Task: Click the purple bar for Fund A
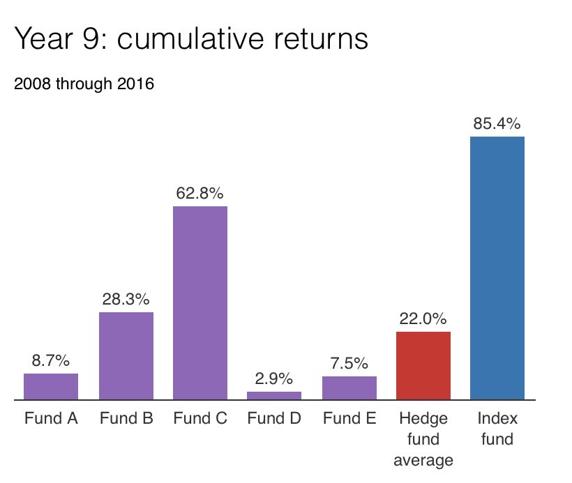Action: pyautogui.click(x=51, y=387)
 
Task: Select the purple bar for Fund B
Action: pyautogui.click(x=126, y=356)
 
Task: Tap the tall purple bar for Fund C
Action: pyautogui.click(x=200, y=303)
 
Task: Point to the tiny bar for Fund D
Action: pyautogui.click(x=274, y=396)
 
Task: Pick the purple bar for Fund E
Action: pyautogui.click(x=349, y=388)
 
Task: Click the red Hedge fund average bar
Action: pyautogui.click(x=423, y=366)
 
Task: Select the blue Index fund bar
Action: pyautogui.click(x=497, y=268)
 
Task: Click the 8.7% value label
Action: pyautogui.click(x=51, y=361)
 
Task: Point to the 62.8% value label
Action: pyautogui.click(x=200, y=193)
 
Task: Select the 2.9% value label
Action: pyautogui.click(x=274, y=379)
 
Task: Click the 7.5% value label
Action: pyautogui.click(x=349, y=364)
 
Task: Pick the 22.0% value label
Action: pyautogui.click(x=423, y=319)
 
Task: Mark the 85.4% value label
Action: pyautogui.click(x=497, y=124)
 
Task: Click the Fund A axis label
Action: pyautogui.click(x=51, y=419)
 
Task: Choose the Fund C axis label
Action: pyautogui.click(x=200, y=419)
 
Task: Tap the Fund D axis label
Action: pyautogui.click(x=274, y=419)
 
